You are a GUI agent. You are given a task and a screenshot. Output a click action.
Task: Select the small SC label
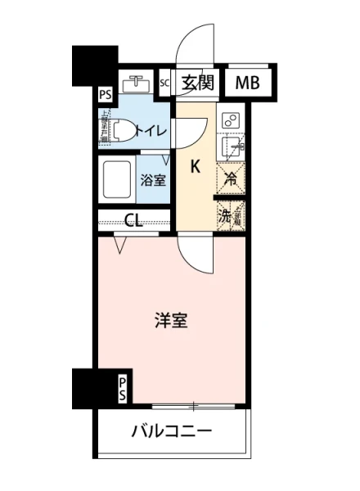click(164, 83)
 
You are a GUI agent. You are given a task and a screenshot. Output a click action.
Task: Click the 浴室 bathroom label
click(153, 179)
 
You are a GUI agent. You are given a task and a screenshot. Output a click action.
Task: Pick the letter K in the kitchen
click(196, 166)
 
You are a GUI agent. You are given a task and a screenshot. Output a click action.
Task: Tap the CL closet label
click(136, 219)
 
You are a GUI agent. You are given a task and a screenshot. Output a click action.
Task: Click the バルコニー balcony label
click(172, 432)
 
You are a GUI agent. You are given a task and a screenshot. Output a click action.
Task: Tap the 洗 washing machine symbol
click(224, 217)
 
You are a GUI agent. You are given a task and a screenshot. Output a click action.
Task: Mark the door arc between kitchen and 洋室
click(197, 252)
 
